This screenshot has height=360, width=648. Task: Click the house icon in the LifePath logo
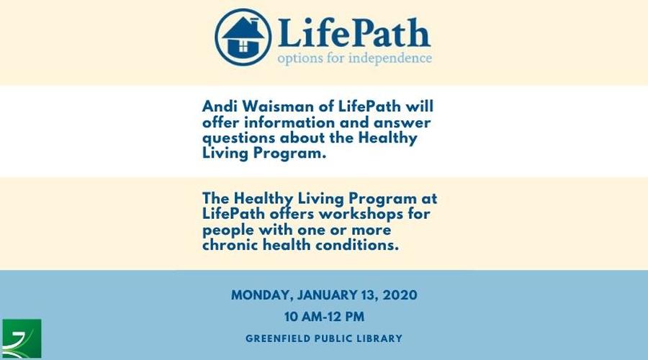coord(243,37)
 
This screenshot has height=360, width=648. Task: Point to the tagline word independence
coord(390,58)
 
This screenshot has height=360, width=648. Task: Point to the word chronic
coord(230,245)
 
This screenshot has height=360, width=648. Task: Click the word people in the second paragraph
coord(228,230)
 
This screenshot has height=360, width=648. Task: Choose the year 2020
coord(400,295)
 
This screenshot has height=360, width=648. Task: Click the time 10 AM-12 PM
coord(324,317)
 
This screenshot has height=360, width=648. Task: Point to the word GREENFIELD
coord(278,338)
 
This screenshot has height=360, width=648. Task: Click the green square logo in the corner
coord(22,338)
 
